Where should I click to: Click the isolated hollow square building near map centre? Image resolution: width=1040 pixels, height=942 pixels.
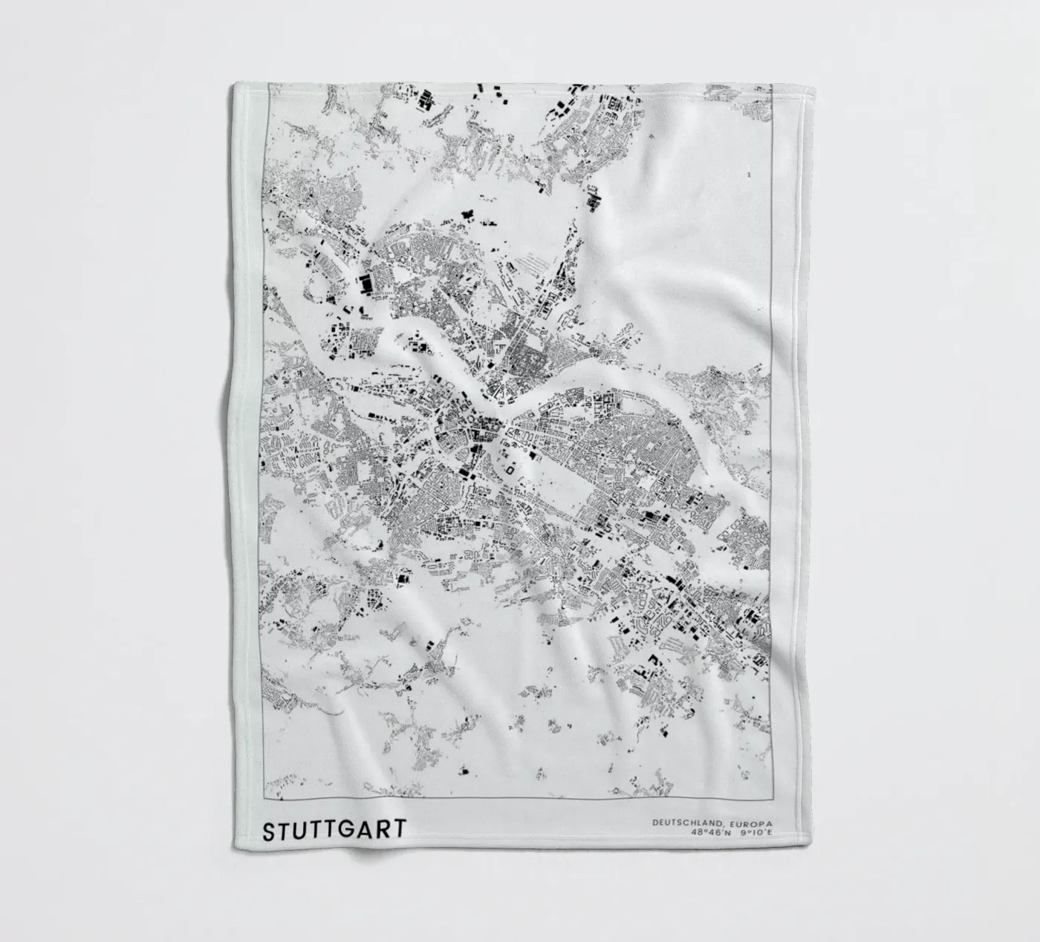[x=510, y=468]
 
